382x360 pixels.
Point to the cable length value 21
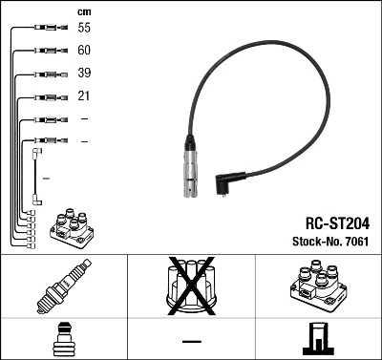pos(84,96)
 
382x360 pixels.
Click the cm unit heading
pos(83,11)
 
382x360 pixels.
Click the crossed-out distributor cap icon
pos(191,285)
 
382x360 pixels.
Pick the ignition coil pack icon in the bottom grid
pos(318,286)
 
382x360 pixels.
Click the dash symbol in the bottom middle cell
pos(191,341)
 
